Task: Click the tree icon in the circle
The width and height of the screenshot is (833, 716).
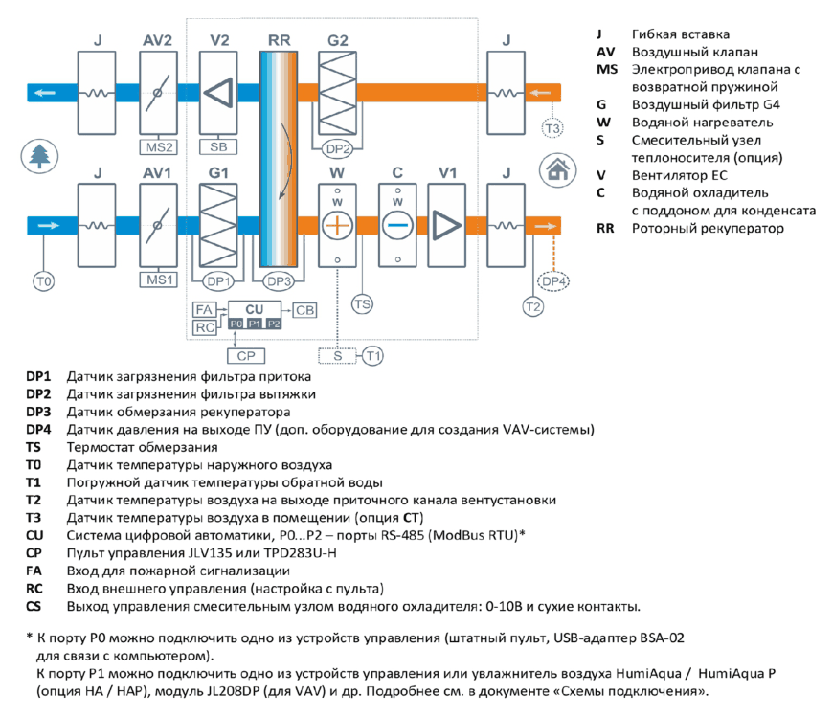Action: point(39,156)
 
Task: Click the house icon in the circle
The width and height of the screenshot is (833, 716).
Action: point(557,170)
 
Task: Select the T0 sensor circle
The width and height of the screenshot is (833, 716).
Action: point(43,281)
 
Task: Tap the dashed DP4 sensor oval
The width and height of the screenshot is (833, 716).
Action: point(553,281)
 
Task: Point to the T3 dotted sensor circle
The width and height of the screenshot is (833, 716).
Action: point(552,128)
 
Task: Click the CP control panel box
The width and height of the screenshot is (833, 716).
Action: point(246,356)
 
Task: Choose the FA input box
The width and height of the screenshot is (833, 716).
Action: point(205,310)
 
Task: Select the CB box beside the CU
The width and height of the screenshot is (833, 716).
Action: point(304,310)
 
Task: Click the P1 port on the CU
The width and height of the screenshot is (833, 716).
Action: point(255,324)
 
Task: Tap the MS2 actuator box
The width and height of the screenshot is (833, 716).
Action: point(158,147)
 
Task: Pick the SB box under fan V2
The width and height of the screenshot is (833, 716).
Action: point(218,146)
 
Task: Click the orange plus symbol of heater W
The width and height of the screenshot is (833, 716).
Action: point(337,225)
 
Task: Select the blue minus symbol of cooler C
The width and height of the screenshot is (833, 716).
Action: point(397,225)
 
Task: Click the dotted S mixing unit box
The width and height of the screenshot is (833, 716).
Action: point(337,356)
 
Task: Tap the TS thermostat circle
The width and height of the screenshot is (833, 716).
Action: point(362,304)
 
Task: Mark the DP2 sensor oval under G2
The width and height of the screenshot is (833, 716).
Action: point(337,149)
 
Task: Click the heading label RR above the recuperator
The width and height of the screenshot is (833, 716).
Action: point(280,40)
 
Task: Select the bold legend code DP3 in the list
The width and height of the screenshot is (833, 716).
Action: point(38,412)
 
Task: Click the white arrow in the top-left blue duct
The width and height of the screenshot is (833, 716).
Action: point(45,93)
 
